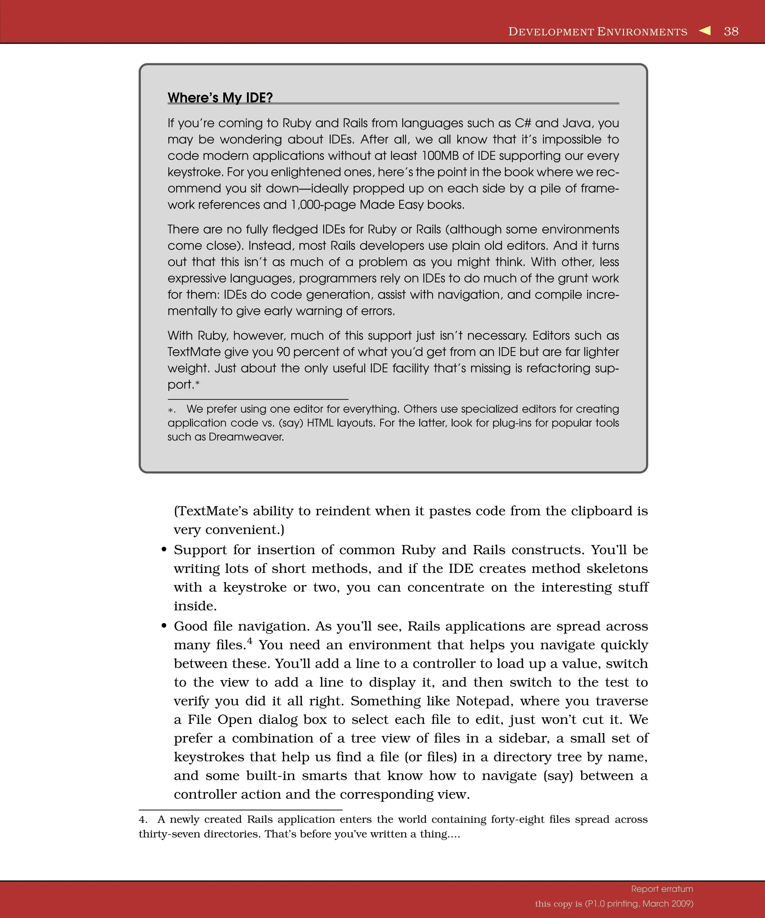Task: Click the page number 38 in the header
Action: tap(731, 31)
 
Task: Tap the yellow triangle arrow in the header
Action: tap(705, 31)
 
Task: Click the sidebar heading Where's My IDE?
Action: tap(220, 97)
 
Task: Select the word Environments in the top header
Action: tap(642, 32)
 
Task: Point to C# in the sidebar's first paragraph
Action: tap(522, 123)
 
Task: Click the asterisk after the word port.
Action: tap(198, 384)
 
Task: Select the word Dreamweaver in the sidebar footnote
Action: tap(246, 437)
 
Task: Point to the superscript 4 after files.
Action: tap(250, 641)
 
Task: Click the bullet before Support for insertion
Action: tap(164, 550)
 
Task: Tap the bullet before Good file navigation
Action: tap(164, 626)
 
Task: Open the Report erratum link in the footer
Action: tap(662, 889)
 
